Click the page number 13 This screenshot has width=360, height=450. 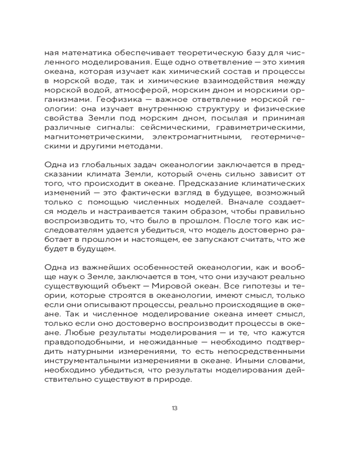pyautogui.click(x=175, y=408)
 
